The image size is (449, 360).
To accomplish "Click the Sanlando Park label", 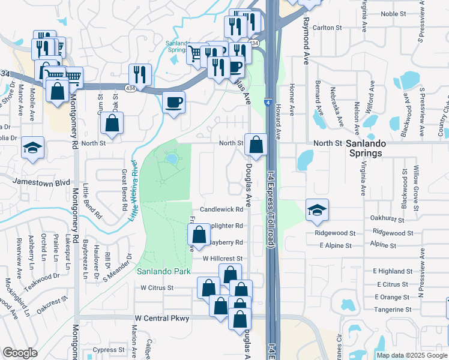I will point(163,271).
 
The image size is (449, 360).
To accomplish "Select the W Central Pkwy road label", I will point(161,317).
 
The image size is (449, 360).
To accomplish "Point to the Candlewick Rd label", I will point(221,209).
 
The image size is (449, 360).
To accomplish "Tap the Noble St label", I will point(393,13).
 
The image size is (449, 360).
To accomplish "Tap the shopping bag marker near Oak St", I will point(112,124).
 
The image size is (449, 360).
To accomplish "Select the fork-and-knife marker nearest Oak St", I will point(140,75).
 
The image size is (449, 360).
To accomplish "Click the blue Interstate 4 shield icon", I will point(267,104).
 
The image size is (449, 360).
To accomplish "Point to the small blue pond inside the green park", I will point(172,158).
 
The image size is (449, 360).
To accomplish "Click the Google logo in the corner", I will point(20,353).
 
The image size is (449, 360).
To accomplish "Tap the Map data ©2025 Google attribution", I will point(411,355).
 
